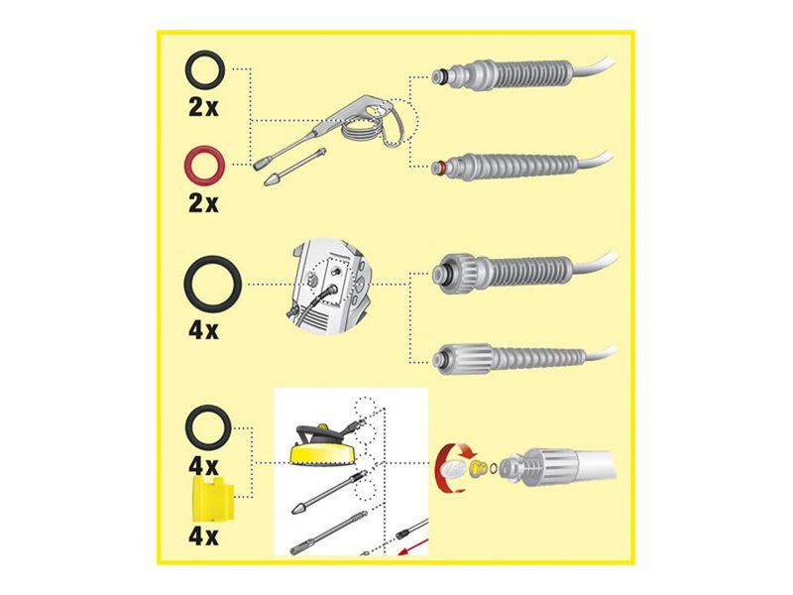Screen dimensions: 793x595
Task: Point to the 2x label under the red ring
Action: click(x=203, y=203)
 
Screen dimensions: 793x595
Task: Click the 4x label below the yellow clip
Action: click(x=203, y=535)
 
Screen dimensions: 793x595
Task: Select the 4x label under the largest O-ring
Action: click(x=203, y=330)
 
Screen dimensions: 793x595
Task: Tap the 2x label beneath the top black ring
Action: click(x=203, y=107)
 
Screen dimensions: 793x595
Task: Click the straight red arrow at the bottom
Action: click(x=413, y=547)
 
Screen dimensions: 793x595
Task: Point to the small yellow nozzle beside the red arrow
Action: click(x=477, y=467)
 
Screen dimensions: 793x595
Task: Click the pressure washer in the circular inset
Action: click(x=328, y=287)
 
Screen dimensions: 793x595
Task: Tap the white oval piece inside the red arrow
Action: click(x=454, y=468)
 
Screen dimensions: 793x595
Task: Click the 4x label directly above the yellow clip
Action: click(x=203, y=465)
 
